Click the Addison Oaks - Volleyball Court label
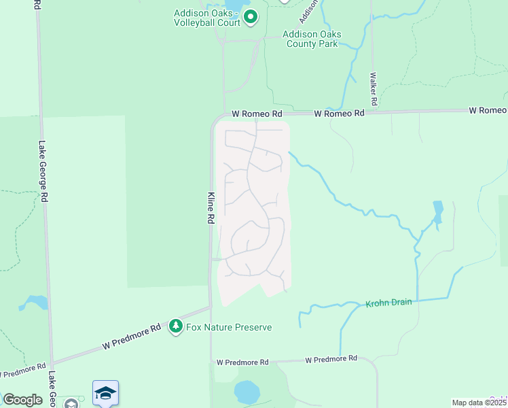(x=207, y=18)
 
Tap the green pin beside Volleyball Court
(x=251, y=17)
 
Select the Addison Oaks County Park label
(x=312, y=39)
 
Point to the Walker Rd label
(x=373, y=87)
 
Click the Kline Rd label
(x=211, y=208)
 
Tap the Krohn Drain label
(x=388, y=303)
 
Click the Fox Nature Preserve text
(x=229, y=327)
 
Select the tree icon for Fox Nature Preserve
(x=176, y=327)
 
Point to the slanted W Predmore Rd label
(x=132, y=337)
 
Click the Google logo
(x=22, y=400)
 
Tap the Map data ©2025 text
(x=479, y=403)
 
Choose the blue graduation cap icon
(x=105, y=392)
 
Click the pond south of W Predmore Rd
(x=247, y=391)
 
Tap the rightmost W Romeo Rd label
(x=487, y=110)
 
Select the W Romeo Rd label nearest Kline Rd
(x=256, y=114)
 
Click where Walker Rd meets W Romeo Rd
(x=372, y=112)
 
